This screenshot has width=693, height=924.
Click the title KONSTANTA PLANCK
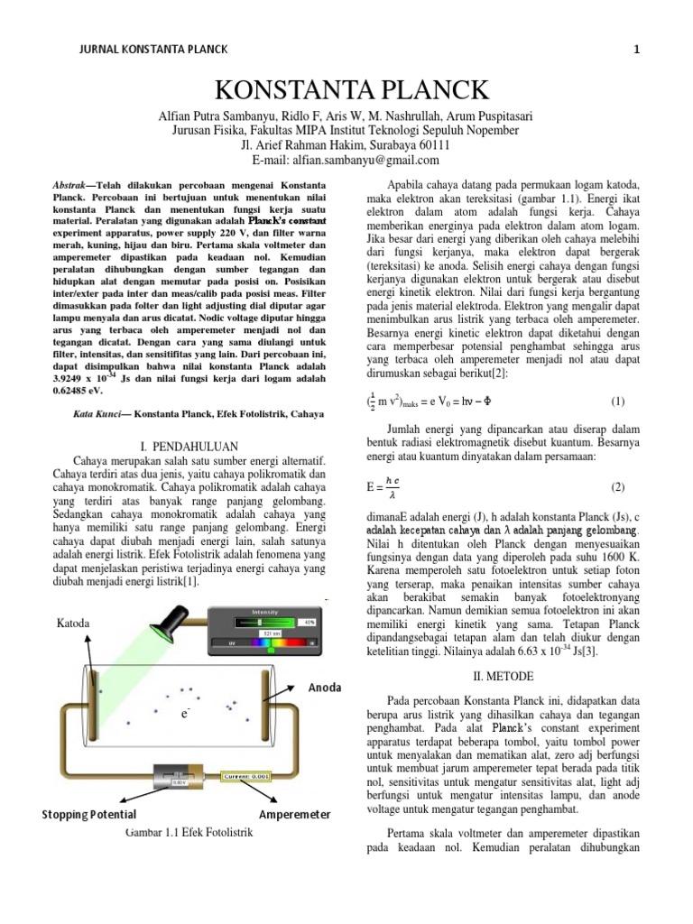point(352,90)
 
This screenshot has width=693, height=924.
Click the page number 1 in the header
point(636,50)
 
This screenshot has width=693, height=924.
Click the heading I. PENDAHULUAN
point(190,446)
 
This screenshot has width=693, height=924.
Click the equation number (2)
point(617,487)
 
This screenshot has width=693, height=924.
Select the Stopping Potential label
point(88,815)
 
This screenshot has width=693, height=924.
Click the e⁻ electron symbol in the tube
point(184,714)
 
